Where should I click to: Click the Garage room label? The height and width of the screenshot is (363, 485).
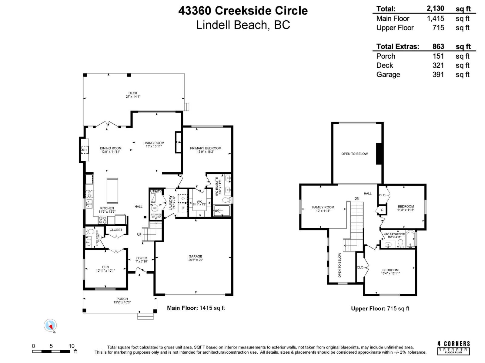(195, 258)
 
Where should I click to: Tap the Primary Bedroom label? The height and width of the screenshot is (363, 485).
(206, 150)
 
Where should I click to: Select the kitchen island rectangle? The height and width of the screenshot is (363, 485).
(112, 191)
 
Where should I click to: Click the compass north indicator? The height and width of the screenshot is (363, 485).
(50, 325)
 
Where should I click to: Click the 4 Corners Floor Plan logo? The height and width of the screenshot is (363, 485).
(453, 348)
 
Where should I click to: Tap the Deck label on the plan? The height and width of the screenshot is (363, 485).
(133, 95)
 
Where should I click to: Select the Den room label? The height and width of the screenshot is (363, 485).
(105, 269)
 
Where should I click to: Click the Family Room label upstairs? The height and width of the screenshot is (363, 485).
(323, 209)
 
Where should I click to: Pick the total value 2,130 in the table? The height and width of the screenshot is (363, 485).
(435, 8)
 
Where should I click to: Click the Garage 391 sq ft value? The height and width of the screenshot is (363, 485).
(438, 74)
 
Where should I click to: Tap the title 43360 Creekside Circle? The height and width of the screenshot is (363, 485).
(243, 11)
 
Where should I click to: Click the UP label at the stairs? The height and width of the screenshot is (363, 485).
(139, 234)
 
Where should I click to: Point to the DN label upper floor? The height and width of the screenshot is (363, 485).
(357, 198)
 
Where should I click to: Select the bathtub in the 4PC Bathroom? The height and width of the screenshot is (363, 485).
(410, 240)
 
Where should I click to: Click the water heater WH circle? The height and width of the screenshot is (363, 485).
(155, 208)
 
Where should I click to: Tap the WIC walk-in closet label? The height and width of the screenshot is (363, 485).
(199, 203)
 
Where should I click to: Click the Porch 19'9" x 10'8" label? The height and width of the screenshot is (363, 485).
(122, 300)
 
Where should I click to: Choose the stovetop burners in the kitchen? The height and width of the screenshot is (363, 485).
(103, 220)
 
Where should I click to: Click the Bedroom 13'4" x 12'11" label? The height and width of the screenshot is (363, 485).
(390, 272)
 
